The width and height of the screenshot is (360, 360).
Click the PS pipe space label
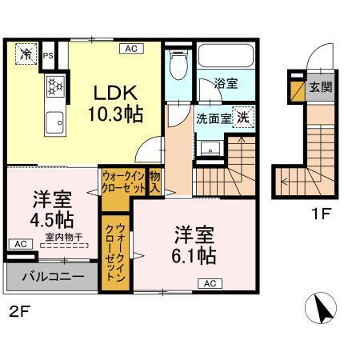coord(49,55)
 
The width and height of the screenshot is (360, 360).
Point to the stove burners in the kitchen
coord(55,84)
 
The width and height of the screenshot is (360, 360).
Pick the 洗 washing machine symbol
coord(242,115)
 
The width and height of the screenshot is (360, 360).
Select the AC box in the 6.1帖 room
coord(210,282)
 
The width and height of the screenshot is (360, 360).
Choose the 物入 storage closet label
coord(155,181)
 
